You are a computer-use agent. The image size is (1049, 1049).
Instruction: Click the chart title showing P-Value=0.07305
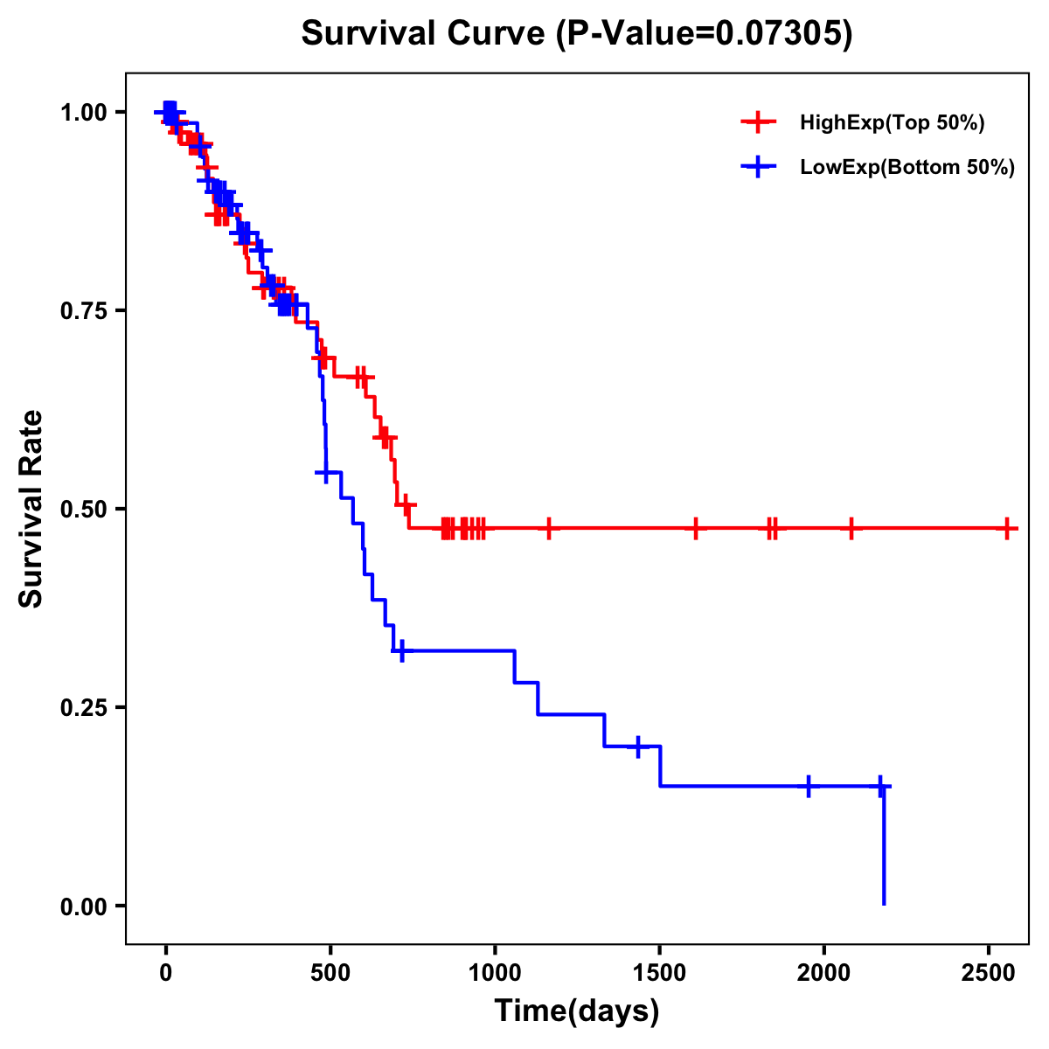[x=576, y=33]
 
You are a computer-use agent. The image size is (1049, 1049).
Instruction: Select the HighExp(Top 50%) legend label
[x=892, y=123]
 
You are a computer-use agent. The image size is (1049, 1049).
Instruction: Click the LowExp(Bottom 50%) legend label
[x=907, y=168]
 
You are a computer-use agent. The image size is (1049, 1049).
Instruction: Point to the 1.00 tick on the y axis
[x=83, y=113]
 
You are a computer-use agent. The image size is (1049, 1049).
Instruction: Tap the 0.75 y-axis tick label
[x=83, y=311]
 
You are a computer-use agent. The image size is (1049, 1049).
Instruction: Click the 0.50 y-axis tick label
[x=83, y=510]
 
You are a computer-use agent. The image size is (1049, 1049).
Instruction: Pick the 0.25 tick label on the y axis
[x=83, y=708]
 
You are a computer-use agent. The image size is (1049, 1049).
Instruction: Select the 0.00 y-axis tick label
[x=83, y=907]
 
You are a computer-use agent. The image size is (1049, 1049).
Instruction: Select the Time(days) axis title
[x=577, y=1011]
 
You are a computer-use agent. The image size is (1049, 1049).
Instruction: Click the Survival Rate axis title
[x=31, y=509]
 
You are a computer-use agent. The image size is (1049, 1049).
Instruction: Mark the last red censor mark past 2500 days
[x=1007, y=529]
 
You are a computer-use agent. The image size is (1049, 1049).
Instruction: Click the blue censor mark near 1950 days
[x=809, y=786]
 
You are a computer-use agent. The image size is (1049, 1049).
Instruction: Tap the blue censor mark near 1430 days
[x=638, y=747]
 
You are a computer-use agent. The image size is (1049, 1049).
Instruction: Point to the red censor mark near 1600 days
[x=695, y=529]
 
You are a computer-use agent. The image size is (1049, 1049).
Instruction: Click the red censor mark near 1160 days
[x=549, y=529]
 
